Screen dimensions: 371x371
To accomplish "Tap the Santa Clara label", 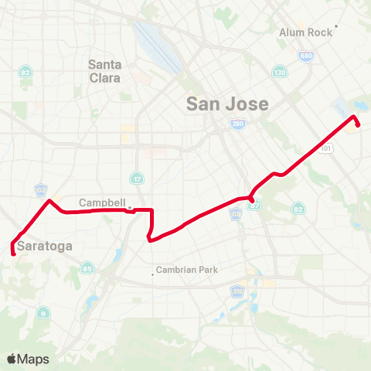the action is point(104,71).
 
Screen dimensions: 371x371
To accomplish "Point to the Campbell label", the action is point(101,203).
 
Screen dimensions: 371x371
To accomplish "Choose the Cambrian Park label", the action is point(188,270).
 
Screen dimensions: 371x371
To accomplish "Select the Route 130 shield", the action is point(279,73).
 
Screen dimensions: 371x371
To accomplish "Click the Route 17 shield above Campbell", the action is point(136,178).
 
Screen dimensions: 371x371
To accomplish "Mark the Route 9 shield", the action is point(43,312).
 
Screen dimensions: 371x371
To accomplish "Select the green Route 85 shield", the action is point(87,268).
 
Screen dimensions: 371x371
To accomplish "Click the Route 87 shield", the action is point(256,205).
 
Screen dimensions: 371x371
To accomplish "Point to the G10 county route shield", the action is point(237,291).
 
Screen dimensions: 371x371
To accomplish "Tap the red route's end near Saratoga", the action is point(13,253).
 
